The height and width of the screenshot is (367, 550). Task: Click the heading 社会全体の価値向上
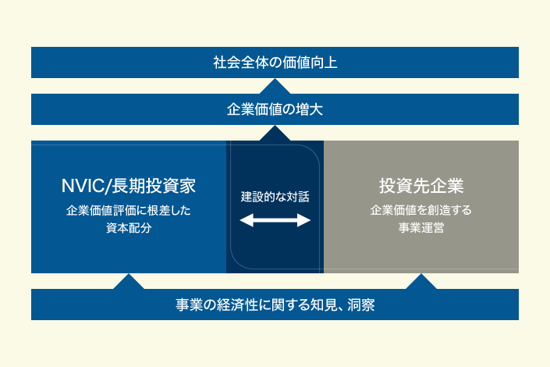click(x=275, y=62)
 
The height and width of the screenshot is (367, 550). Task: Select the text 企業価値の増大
click(x=275, y=109)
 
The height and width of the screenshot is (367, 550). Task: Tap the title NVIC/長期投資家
click(x=129, y=185)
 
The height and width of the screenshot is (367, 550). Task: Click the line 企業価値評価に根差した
click(x=129, y=210)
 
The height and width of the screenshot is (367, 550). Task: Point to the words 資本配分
click(x=129, y=228)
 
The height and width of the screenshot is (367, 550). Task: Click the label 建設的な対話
click(x=275, y=197)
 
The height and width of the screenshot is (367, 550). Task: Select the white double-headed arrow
click(x=275, y=220)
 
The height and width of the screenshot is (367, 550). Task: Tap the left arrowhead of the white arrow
click(x=247, y=220)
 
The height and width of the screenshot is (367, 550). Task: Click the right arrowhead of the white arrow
click(x=303, y=220)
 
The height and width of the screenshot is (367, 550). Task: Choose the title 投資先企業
click(x=421, y=185)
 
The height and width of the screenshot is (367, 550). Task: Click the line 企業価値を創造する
click(x=421, y=210)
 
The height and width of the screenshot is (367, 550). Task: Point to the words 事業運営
click(x=421, y=228)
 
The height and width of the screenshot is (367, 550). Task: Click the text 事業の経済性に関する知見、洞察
click(x=275, y=305)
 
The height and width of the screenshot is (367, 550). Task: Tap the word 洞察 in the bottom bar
click(x=361, y=305)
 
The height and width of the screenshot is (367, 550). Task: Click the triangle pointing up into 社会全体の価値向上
click(x=275, y=87)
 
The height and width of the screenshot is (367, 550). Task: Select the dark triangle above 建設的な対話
click(x=275, y=134)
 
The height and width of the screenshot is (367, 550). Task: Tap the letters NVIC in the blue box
click(x=83, y=186)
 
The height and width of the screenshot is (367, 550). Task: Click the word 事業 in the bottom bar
click(x=189, y=305)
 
